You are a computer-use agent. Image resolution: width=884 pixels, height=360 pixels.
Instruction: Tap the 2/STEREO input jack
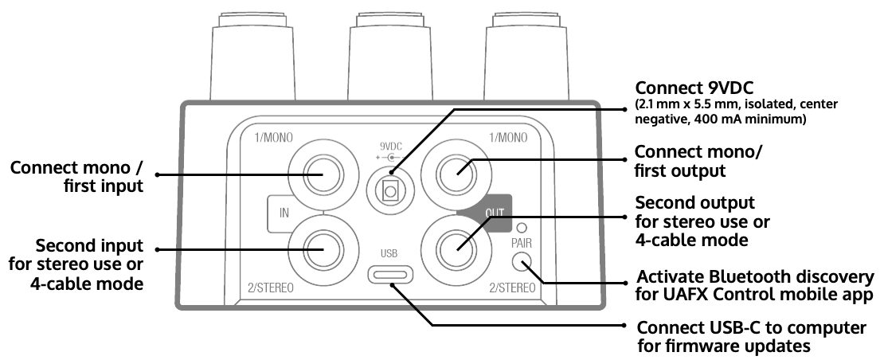click(323, 248)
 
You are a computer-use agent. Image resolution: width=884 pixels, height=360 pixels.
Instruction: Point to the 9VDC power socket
click(390, 189)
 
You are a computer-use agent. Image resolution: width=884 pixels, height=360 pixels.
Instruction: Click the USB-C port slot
click(390, 276)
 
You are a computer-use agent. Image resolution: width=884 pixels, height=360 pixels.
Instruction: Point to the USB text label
click(389, 253)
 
